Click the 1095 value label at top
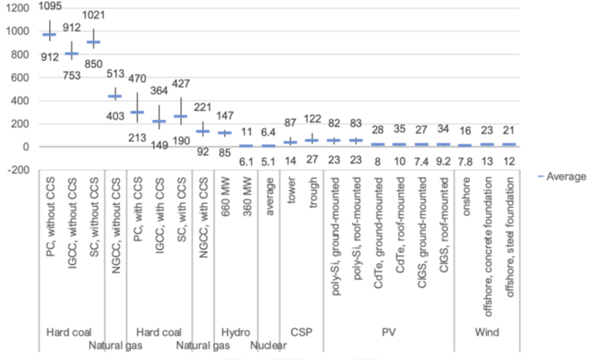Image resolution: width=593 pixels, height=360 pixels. [x=50, y=6]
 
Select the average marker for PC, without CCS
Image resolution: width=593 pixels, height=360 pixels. [x=49, y=35]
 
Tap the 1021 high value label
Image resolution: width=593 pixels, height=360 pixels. [x=94, y=16]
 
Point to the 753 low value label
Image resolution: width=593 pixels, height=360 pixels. [x=72, y=73]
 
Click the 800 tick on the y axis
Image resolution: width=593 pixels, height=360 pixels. [x=18, y=54]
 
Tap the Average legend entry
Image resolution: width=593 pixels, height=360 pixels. [x=562, y=176]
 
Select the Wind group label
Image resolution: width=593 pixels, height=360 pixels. [x=488, y=333]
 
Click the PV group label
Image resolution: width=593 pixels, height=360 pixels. [x=387, y=333]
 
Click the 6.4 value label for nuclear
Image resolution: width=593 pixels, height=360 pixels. [x=268, y=133]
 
